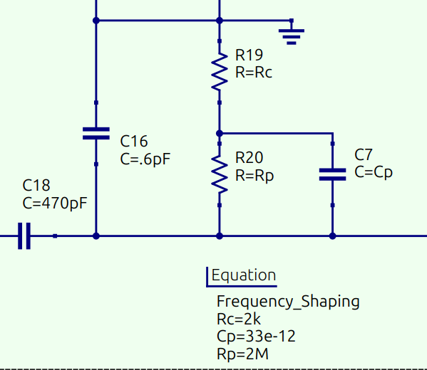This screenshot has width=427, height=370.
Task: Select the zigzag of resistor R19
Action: point(220,71)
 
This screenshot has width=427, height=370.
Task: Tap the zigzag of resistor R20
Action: point(220,174)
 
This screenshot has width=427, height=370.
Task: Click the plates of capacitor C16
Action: point(96,134)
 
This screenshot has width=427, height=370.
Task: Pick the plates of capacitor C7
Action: point(332,174)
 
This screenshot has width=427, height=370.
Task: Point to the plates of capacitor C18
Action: point(24,236)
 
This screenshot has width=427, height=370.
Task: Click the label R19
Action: point(249,55)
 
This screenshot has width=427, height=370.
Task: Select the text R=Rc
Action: point(254,73)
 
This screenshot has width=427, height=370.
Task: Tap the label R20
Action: point(249,158)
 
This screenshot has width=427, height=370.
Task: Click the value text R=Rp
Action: point(254,176)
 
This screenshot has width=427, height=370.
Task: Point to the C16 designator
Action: point(134,141)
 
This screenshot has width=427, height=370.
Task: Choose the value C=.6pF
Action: point(145,159)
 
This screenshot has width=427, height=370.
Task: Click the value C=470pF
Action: point(55,203)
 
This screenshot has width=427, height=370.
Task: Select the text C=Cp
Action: point(374,172)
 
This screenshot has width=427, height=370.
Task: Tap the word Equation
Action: point(244,275)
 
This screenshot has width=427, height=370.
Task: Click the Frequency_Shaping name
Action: point(288,302)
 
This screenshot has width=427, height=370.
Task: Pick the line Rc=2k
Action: point(239,319)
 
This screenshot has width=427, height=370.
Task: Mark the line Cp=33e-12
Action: point(256,337)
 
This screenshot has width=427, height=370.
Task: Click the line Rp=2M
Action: point(242,354)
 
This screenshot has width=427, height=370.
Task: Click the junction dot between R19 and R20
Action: point(220,134)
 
